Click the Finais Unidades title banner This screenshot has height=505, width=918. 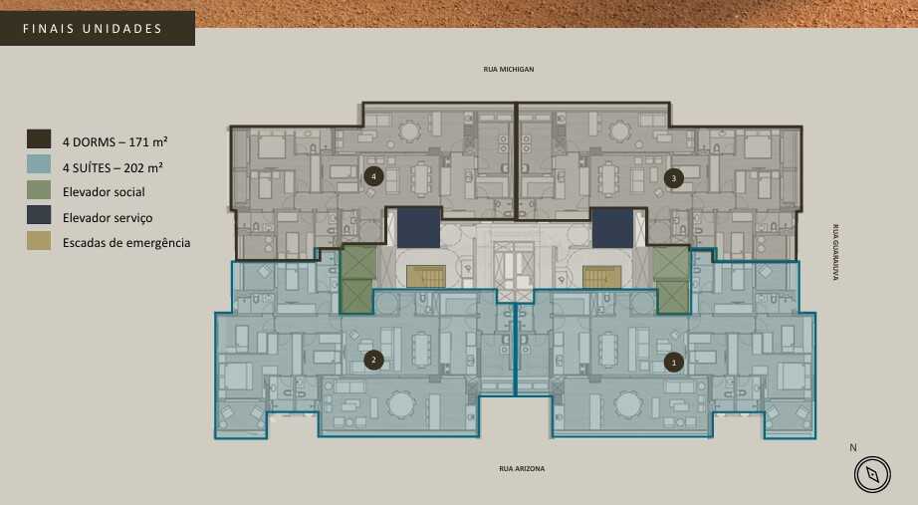click(97, 29)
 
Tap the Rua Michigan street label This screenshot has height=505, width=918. click(509, 70)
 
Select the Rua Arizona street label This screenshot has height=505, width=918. click(522, 468)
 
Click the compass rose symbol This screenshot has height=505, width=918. click(872, 475)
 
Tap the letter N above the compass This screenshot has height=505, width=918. click(852, 447)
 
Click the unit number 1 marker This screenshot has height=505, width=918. click(674, 363)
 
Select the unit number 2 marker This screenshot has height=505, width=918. click(373, 360)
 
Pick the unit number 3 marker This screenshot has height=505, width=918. click(674, 178)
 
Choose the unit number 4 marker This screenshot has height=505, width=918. click(373, 177)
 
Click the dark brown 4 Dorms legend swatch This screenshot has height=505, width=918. click(39, 139)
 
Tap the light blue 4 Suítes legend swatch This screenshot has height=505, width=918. click(39, 165)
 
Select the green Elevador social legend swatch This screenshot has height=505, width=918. click(39, 190)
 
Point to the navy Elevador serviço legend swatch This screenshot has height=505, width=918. click(39, 215)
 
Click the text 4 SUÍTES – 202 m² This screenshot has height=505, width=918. click(114, 167)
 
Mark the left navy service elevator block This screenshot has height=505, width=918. click(419, 227)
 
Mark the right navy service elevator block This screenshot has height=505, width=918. click(612, 227)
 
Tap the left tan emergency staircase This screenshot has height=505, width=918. click(426, 276)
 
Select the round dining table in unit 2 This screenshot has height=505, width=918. click(401, 403)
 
